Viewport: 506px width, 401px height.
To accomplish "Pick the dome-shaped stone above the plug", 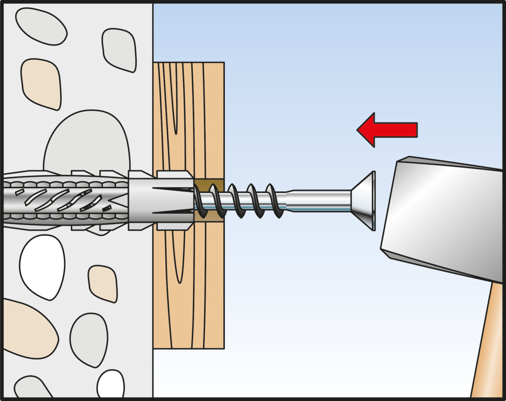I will pyautogui.click(x=87, y=143).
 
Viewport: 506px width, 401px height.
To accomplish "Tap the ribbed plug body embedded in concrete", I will pyautogui.click(x=64, y=200).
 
